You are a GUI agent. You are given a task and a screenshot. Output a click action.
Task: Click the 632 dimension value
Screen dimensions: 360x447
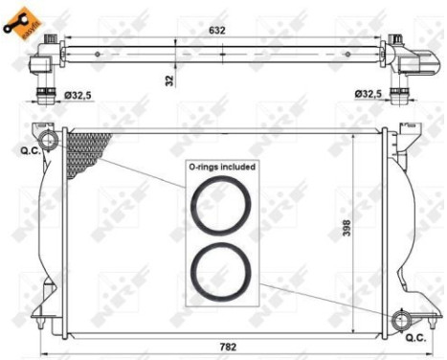(217, 31)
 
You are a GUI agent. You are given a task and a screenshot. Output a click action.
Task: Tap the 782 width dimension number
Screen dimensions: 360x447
(227, 347)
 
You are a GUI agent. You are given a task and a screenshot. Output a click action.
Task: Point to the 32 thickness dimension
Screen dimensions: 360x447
(169, 81)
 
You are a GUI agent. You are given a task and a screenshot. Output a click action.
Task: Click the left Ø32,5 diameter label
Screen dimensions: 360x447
(78, 94)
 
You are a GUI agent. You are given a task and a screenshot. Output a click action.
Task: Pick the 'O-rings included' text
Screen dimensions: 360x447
(222, 167)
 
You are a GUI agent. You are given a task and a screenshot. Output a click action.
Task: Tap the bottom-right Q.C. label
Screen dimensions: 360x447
(414, 338)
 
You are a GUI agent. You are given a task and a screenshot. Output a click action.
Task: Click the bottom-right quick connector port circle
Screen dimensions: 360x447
(402, 319)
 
